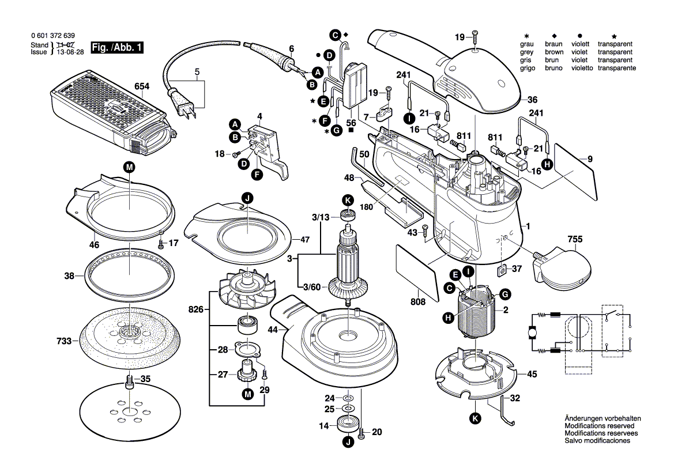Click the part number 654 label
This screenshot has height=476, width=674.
tap(141, 86)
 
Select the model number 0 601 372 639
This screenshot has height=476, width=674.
tap(52, 36)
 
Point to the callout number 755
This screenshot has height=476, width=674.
tap(574, 239)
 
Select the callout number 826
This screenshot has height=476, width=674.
tap(197, 310)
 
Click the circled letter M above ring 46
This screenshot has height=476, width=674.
tap(129, 167)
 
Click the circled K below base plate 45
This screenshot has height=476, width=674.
tap(475, 419)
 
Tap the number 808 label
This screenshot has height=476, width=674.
tap(418, 301)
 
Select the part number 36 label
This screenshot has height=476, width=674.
tap(532, 99)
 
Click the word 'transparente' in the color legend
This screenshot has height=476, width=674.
tap(617, 68)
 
